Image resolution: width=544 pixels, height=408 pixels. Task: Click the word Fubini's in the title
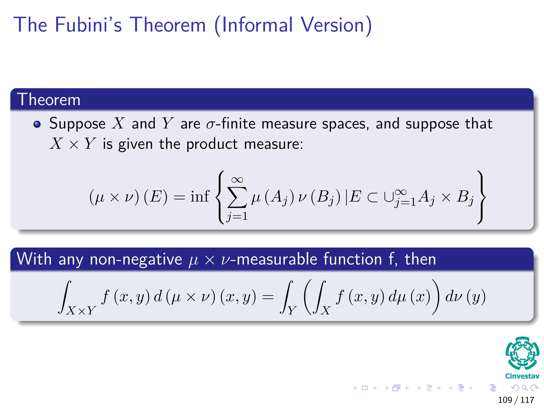88,25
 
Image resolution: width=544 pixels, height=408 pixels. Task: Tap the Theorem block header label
49,100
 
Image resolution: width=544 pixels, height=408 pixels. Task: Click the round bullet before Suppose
37,124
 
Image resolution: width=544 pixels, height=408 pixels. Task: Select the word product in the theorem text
212,144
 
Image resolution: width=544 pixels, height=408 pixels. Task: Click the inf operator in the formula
200,197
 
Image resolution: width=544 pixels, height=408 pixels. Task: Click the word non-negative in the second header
136,259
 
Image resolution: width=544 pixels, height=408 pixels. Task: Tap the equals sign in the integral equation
268,297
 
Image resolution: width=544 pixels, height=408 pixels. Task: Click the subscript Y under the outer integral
292,310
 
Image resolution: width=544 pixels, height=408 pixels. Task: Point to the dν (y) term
465,296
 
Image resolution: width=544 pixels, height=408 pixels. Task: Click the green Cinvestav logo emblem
522,353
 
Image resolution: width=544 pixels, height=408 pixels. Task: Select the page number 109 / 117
516,400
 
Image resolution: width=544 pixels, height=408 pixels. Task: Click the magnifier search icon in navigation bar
525,388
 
